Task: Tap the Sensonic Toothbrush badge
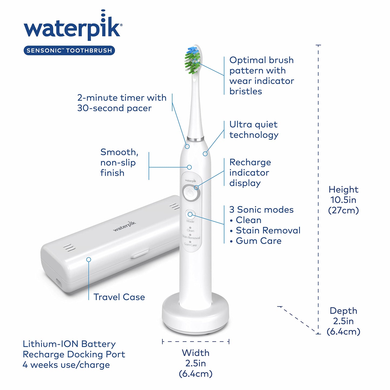click(x=69, y=50)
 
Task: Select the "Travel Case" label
click(x=119, y=297)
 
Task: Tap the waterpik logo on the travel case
click(x=124, y=226)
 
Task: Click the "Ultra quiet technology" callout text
click(x=254, y=130)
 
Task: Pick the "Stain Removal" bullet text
click(x=268, y=230)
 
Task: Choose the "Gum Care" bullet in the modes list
click(x=258, y=241)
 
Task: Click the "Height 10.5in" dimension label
click(x=343, y=200)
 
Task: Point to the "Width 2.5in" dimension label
click(x=196, y=363)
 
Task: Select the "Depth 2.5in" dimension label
click(x=343, y=321)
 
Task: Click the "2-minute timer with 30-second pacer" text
click(x=122, y=103)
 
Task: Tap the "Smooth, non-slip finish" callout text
click(x=119, y=162)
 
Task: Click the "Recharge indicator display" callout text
click(x=250, y=172)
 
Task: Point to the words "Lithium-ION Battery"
click(x=69, y=344)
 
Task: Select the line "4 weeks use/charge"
click(x=66, y=365)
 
